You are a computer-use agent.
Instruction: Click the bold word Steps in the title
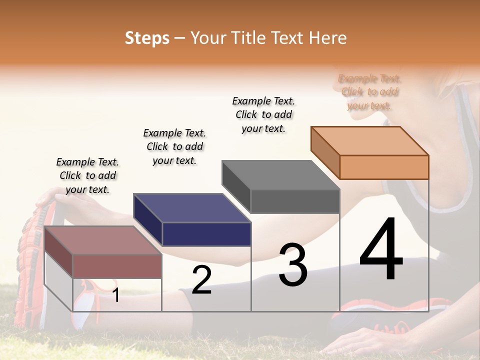point(147,38)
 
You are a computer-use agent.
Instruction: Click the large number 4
point(381,250)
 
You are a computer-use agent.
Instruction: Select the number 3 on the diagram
point(292,264)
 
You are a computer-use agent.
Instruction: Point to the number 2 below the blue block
point(201,280)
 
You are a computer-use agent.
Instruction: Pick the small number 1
point(115,295)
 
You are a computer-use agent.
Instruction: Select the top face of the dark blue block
point(192,208)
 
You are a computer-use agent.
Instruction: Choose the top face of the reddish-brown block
point(103,240)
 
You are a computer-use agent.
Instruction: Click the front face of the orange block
point(384,167)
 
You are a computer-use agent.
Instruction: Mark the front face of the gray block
point(295,201)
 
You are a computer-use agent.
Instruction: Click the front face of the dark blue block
point(206,234)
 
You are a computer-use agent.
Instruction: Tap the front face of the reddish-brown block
point(117,266)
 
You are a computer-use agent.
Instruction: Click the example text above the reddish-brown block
point(87,175)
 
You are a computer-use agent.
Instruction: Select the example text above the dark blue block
point(174,146)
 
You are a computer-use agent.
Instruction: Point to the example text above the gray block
point(263,114)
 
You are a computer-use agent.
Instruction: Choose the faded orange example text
point(369,92)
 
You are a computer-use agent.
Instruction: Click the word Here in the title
point(328,38)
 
